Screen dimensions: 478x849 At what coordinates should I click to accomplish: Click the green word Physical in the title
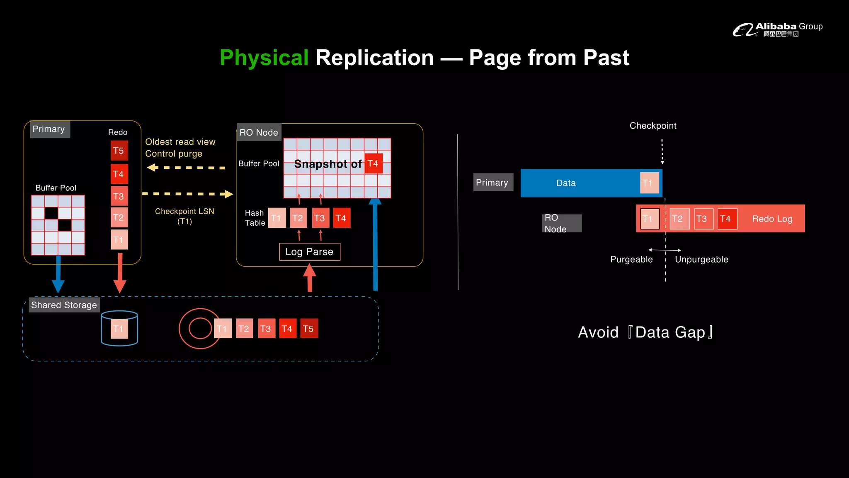(264, 58)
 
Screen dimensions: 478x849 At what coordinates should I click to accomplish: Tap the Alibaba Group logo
(777, 29)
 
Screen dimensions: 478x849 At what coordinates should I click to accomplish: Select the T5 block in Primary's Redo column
(119, 151)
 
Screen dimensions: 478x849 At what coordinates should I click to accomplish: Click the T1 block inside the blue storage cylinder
(119, 329)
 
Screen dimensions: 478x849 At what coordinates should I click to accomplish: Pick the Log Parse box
(310, 252)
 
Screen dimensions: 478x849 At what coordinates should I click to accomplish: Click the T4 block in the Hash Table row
(341, 218)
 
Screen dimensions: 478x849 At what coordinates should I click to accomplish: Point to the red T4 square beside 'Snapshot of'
(373, 163)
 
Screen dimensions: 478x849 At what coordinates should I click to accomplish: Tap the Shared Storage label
(64, 305)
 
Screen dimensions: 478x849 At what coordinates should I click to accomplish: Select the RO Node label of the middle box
(259, 132)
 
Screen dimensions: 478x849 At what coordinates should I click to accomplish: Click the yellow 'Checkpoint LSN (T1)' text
(184, 216)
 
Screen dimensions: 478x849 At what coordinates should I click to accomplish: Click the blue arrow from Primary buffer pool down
(58, 274)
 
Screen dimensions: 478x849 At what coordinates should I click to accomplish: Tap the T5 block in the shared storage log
(309, 329)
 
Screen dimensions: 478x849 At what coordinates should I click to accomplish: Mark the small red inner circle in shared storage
(200, 328)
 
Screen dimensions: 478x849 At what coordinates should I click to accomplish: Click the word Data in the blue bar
(566, 183)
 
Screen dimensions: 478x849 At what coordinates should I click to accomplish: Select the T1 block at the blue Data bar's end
(649, 183)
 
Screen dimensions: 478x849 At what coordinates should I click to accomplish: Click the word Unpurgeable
(701, 259)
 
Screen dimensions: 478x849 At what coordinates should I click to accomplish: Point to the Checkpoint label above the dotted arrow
(653, 126)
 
